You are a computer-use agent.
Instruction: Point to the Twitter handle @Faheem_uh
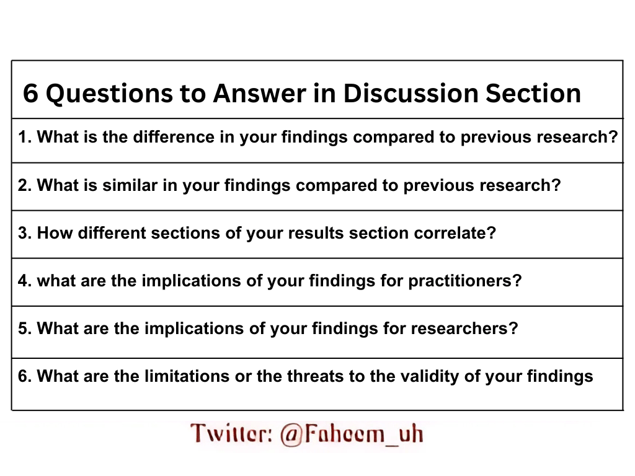(352, 433)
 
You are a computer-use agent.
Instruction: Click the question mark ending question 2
(556, 185)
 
